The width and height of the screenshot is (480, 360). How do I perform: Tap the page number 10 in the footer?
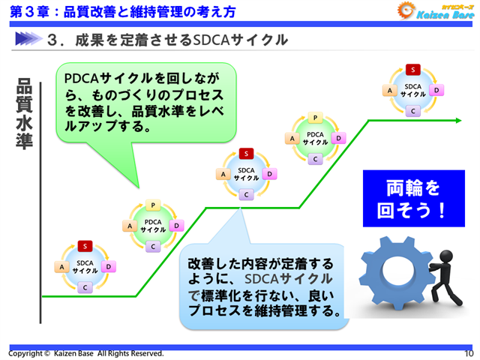[x=469, y=353]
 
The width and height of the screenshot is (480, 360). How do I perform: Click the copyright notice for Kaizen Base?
[x=86, y=353]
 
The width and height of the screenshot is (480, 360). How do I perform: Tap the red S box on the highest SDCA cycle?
[x=412, y=70]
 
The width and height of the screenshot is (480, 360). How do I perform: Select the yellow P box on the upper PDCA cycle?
[x=316, y=118]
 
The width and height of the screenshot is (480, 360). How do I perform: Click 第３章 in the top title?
[x=27, y=10]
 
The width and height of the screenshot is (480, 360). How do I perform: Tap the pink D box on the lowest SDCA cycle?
[x=109, y=266]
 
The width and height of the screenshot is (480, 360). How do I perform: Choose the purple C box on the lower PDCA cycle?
[x=152, y=246]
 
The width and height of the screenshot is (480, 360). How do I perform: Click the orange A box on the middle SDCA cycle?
[x=223, y=174]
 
